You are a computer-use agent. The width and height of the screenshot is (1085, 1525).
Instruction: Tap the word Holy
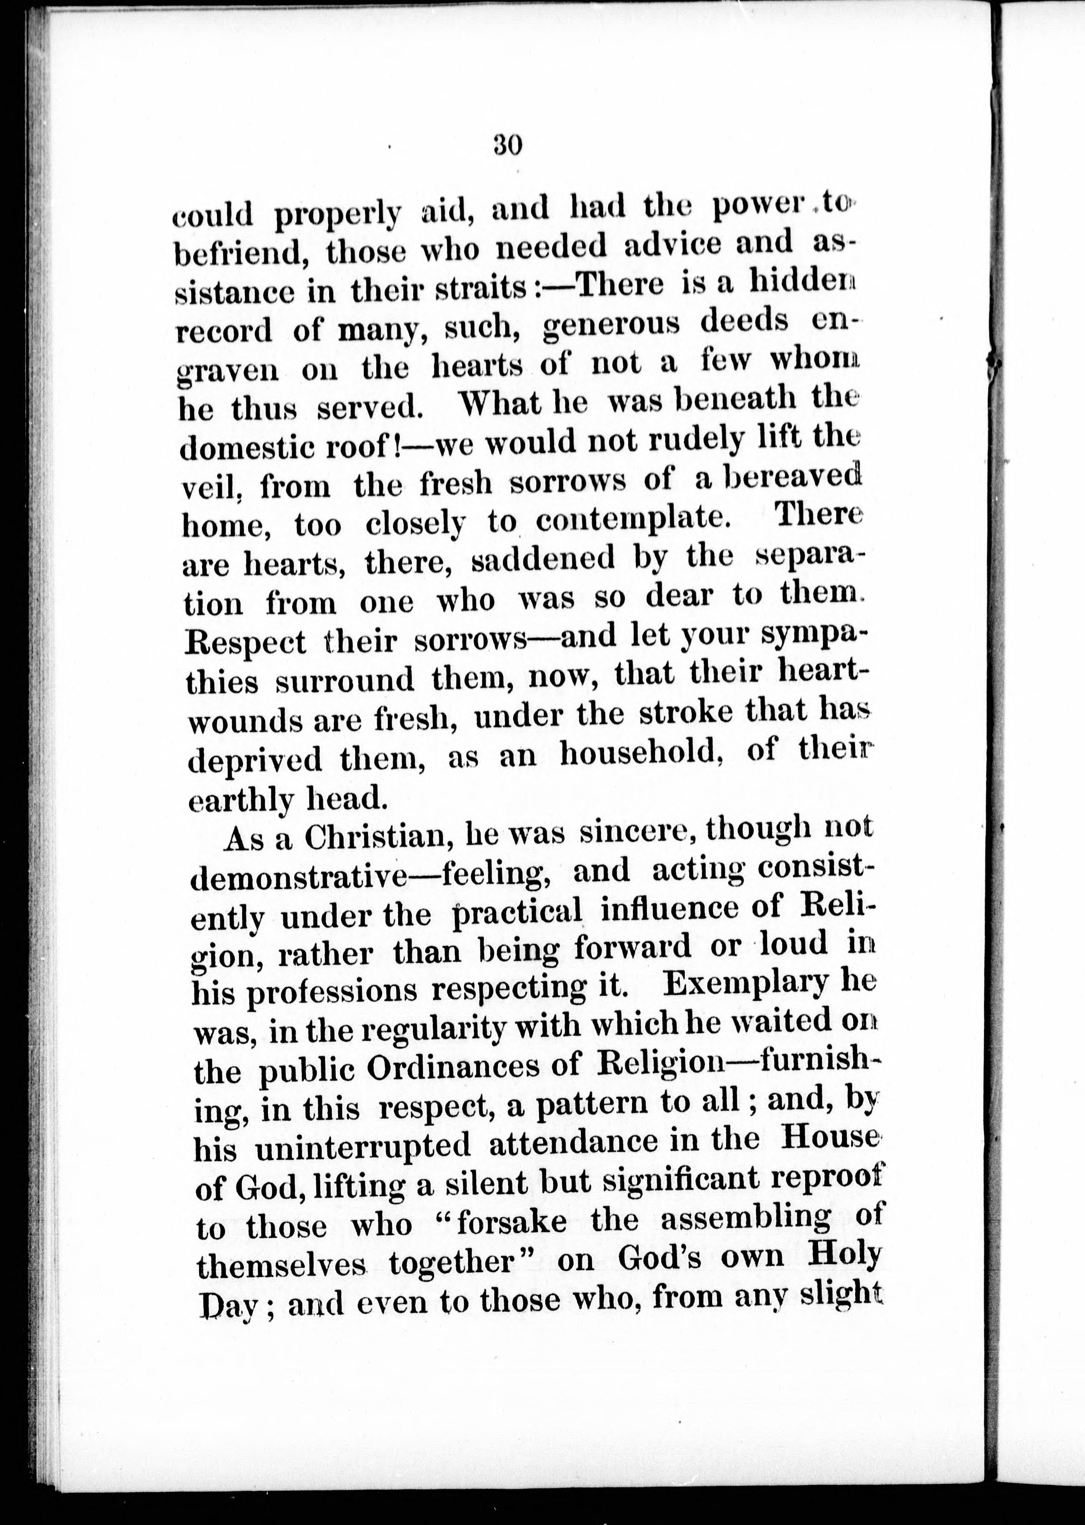pyautogui.click(x=845, y=1256)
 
